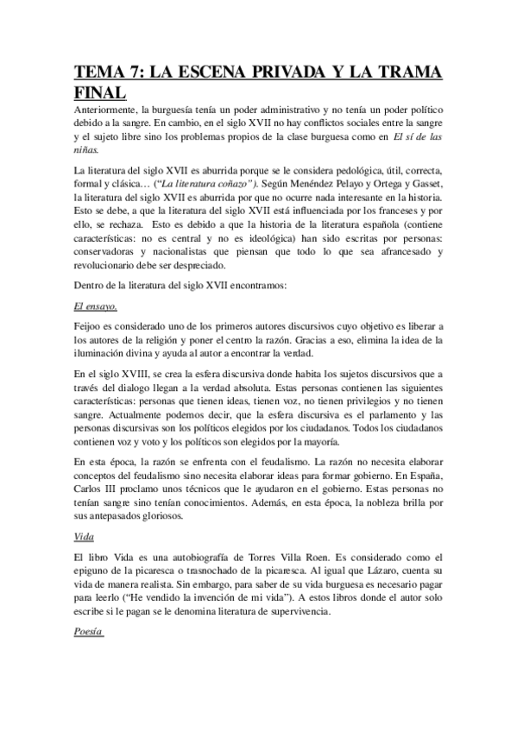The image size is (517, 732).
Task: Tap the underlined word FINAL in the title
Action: coord(100,92)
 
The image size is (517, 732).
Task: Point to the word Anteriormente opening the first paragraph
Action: coord(107,110)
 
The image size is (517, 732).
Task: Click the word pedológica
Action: coord(314,169)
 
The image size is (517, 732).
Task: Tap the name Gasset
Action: coord(422,184)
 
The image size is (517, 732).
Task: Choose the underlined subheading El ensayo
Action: coord(96,306)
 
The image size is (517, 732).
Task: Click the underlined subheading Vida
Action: coord(84,536)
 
